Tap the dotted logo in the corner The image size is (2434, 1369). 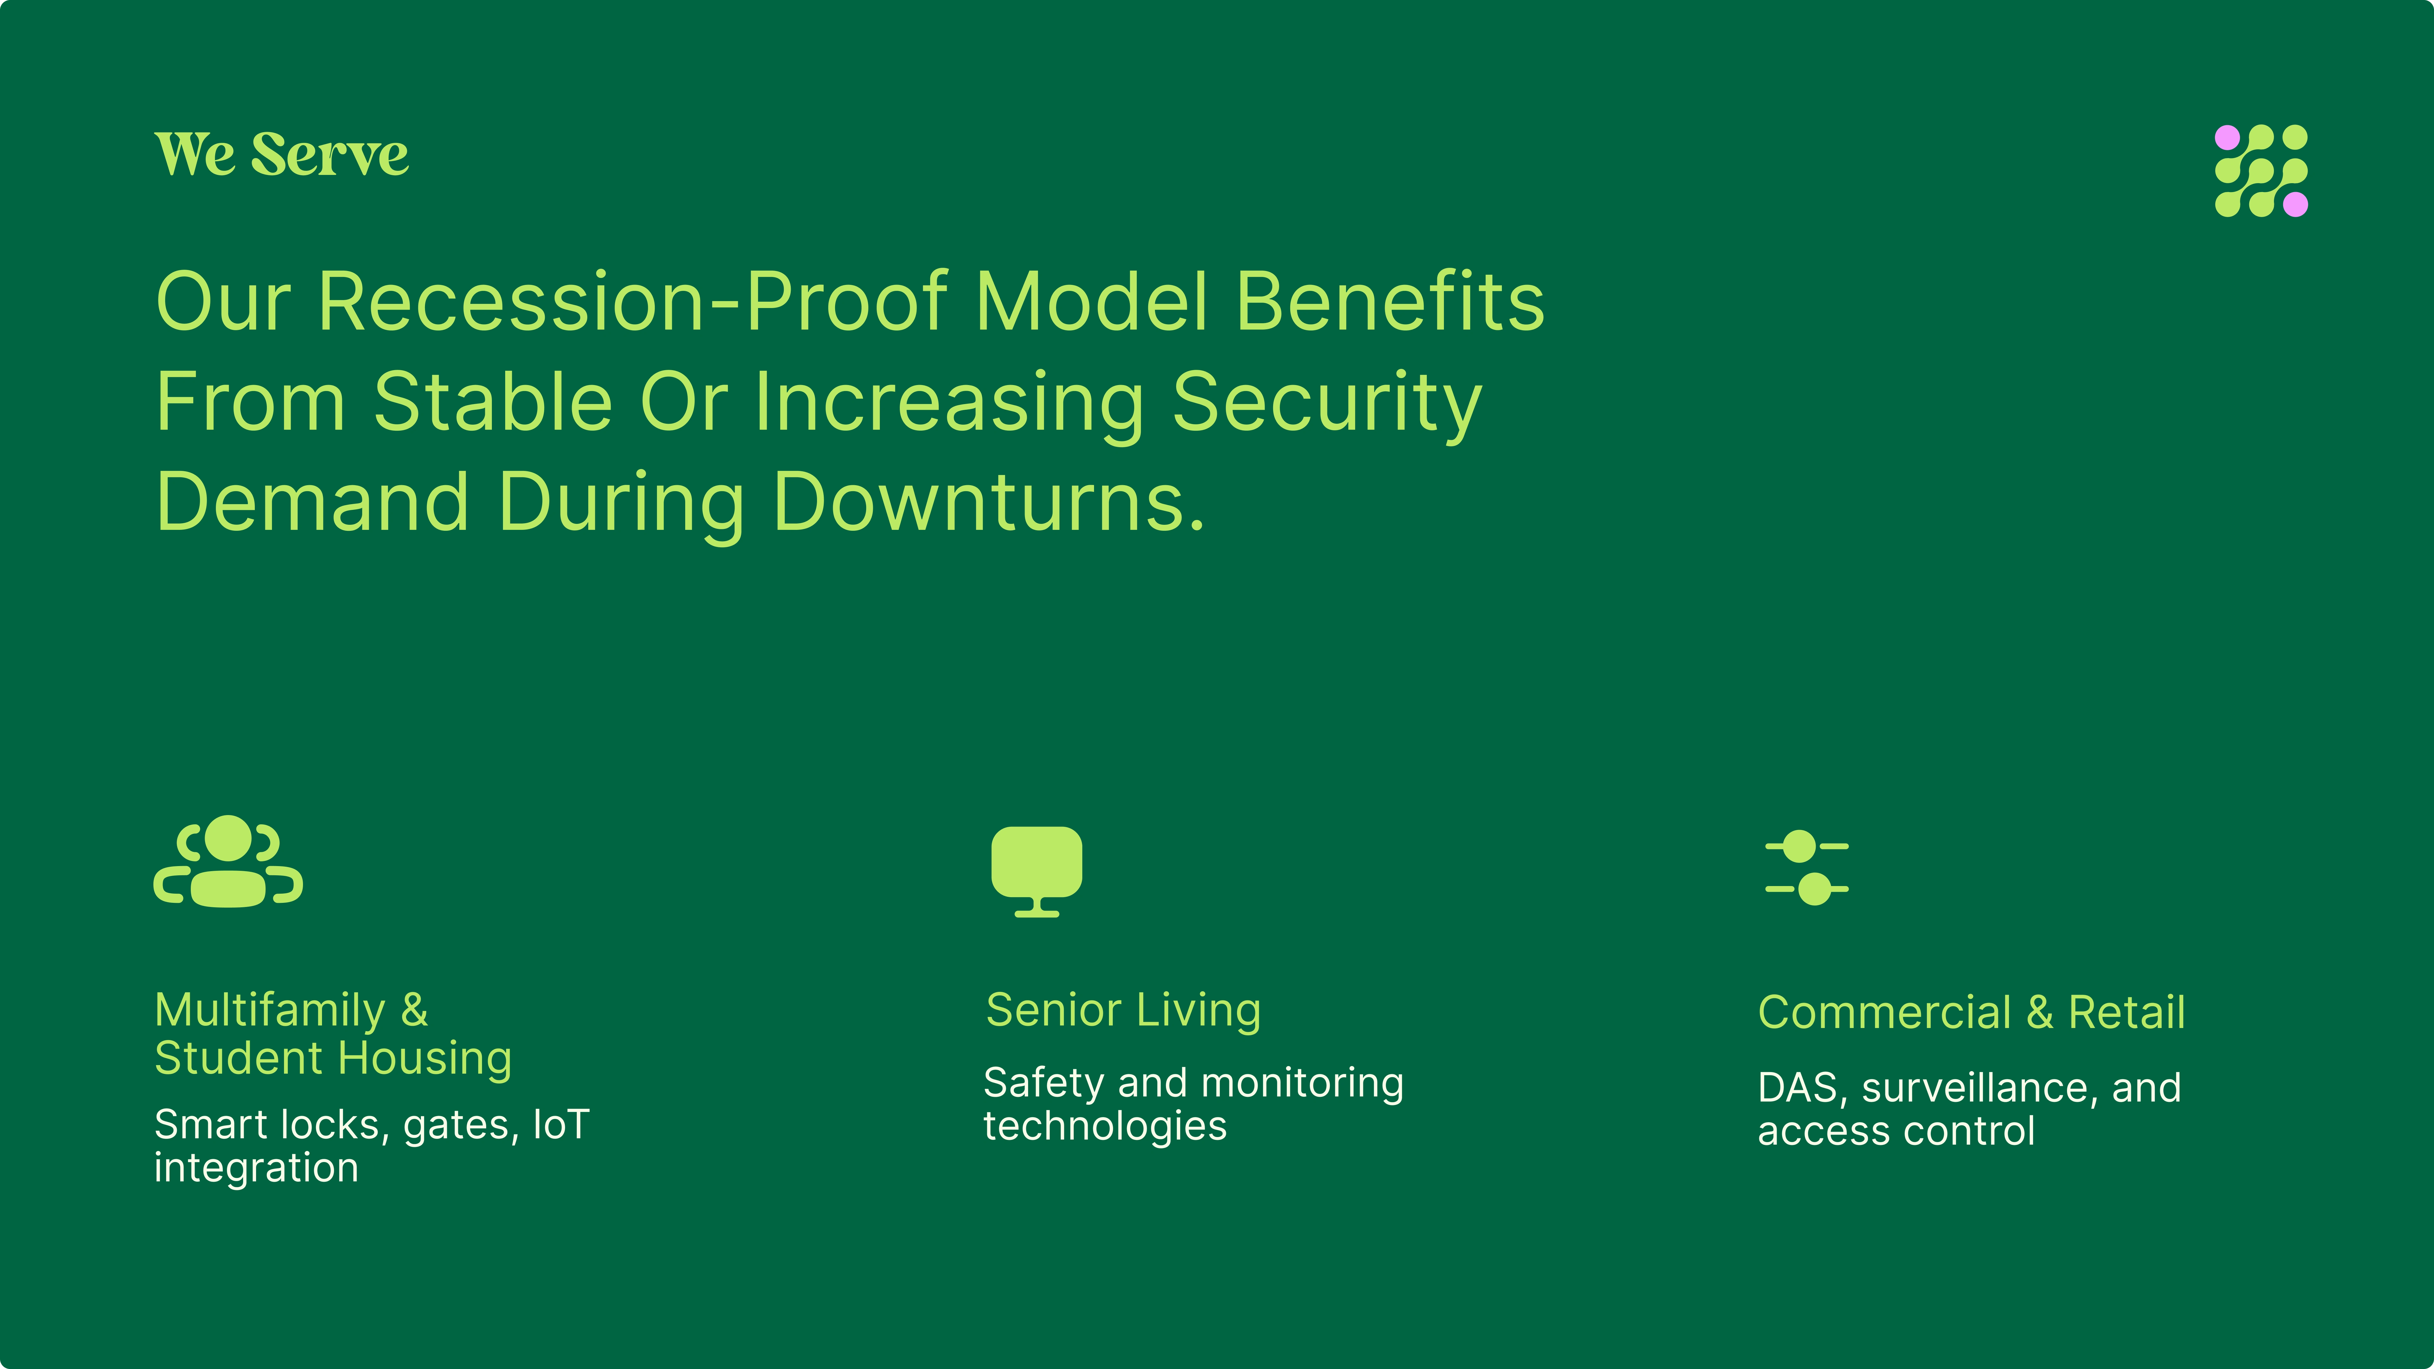click(2261, 171)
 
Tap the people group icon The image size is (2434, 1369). click(228, 861)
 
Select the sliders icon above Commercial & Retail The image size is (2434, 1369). click(1806, 867)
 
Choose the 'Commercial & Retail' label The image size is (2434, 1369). click(1971, 1013)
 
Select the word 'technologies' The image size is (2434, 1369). click(1104, 1126)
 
